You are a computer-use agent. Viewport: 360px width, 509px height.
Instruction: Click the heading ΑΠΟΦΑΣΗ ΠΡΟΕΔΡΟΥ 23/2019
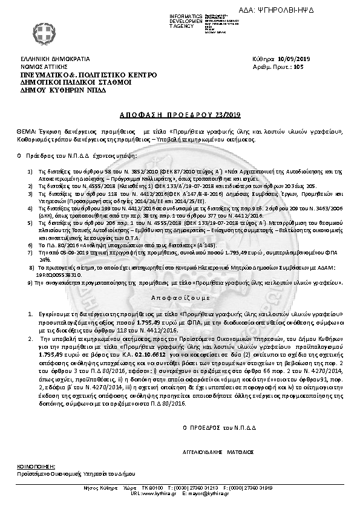click(x=179, y=114)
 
